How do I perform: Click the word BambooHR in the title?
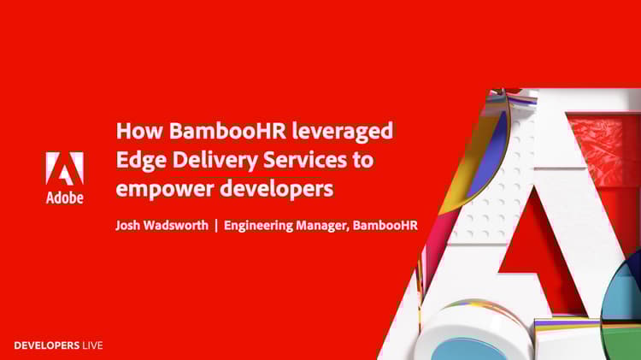[227, 131]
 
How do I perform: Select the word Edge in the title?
[141, 161]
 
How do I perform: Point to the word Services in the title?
[305, 160]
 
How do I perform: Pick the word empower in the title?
[165, 190]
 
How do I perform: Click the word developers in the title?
[277, 189]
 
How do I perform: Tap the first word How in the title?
[139, 131]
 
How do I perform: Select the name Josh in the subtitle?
[127, 226]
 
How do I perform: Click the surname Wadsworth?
[176, 225]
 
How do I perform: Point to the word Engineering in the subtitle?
[258, 226]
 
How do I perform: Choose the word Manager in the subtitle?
[322, 226]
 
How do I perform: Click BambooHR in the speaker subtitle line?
[385, 226]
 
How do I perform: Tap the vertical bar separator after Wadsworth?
[216, 226]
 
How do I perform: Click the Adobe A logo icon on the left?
[65, 168]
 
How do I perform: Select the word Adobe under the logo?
[65, 198]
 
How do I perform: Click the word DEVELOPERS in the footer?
[47, 345]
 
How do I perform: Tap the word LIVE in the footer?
[93, 345]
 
